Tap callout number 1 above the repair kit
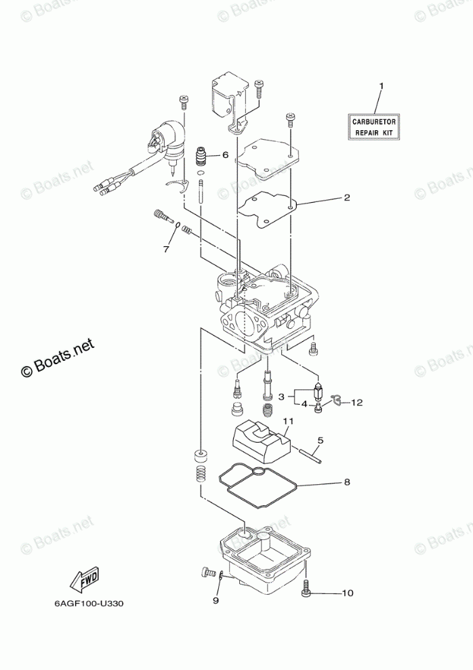coord(381,87)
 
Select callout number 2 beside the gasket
coord(346,198)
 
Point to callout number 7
coord(165,250)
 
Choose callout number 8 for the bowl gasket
coord(346,483)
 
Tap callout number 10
coord(347,593)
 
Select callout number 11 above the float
coord(287,421)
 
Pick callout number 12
coord(356,402)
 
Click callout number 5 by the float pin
coord(321,440)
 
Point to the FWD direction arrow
coord(85,580)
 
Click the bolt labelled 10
coord(306,590)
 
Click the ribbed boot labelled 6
coord(201,157)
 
